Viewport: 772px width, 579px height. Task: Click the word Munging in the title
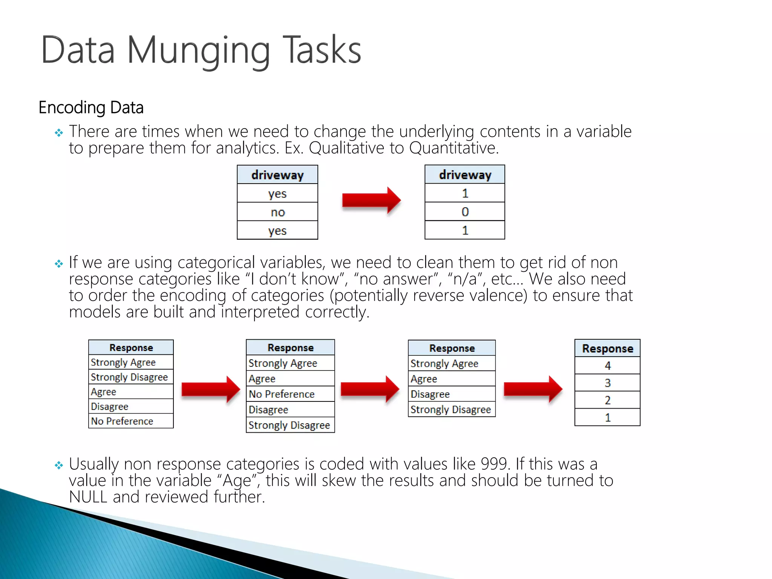coord(199,51)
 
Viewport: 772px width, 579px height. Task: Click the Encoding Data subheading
coord(91,108)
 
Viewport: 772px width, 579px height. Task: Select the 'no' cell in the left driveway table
coord(277,212)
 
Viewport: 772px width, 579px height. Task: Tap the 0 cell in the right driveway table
coord(465,212)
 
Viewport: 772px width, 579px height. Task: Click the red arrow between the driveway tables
coord(371,200)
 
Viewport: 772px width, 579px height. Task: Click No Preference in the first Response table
coord(122,421)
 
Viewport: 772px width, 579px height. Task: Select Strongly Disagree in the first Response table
coord(129,377)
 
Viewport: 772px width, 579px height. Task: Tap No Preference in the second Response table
coord(282,394)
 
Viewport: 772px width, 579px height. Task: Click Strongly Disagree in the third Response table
coord(450,409)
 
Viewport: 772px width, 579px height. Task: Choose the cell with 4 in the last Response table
coord(607,366)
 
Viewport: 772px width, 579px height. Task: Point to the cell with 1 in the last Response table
coord(607,418)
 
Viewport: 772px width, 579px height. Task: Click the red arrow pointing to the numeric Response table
coord(533,389)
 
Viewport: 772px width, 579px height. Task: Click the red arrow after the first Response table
coord(210,389)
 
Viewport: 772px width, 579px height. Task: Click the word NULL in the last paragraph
coord(88,497)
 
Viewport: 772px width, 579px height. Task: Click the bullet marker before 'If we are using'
coord(59,263)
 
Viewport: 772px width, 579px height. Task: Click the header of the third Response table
coord(452,348)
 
